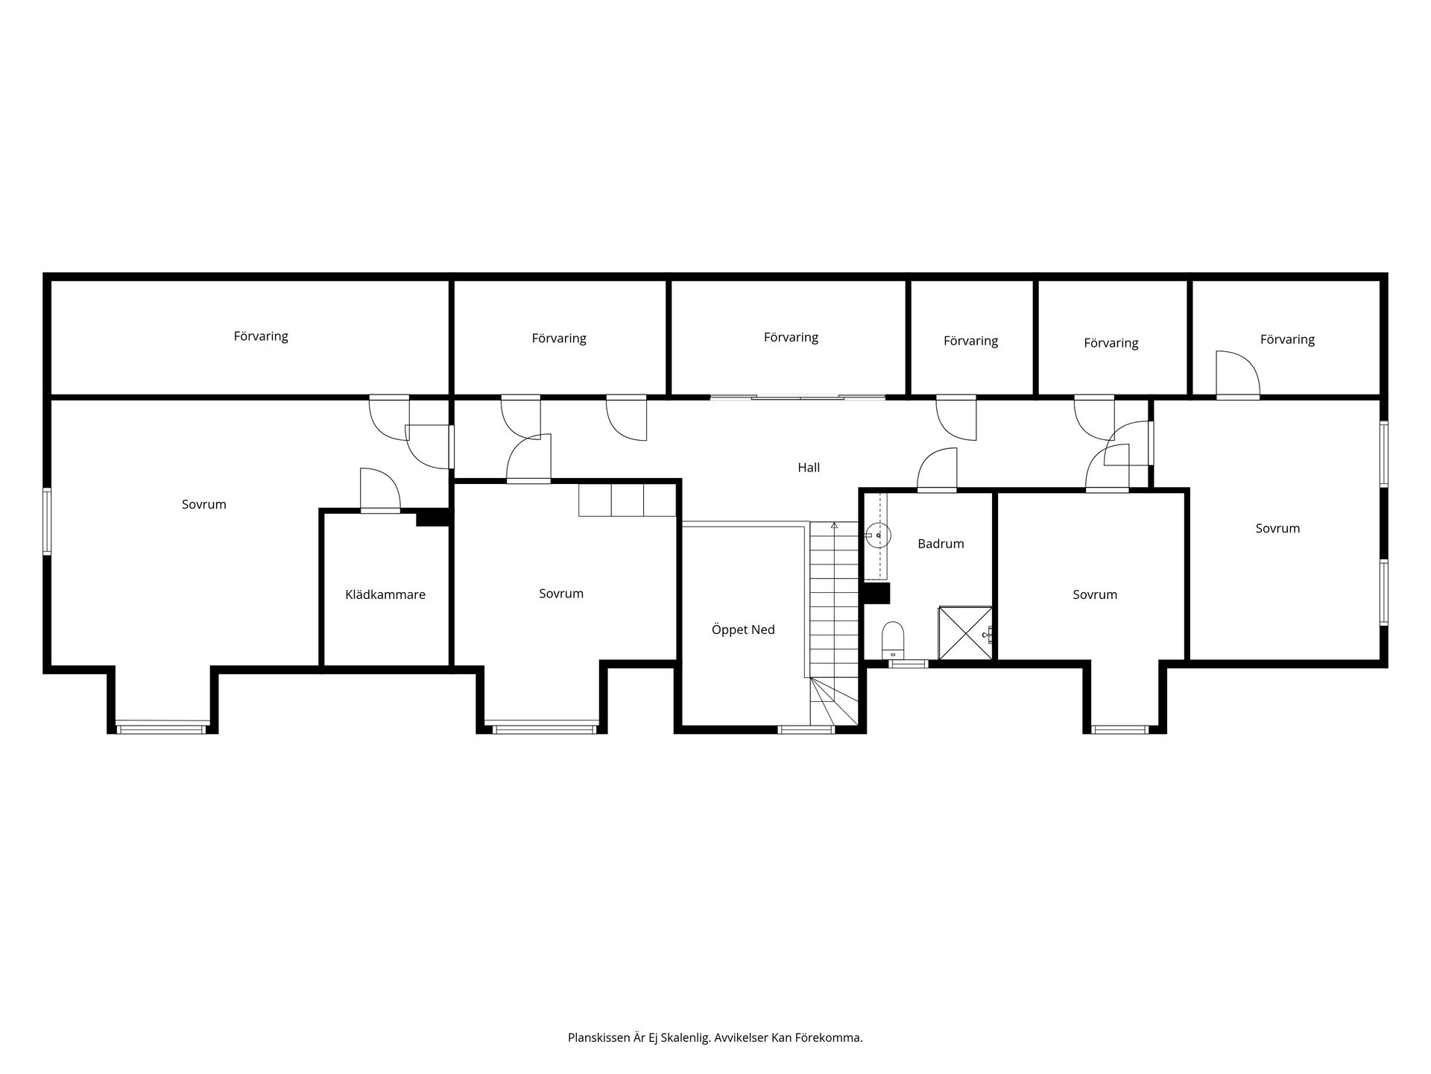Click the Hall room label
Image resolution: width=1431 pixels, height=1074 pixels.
(809, 468)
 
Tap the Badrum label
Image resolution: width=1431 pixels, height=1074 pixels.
(941, 544)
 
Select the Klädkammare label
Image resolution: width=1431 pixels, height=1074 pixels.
(385, 594)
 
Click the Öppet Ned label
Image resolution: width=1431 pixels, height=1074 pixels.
(743, 629)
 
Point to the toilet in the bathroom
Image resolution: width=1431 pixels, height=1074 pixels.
(893, 639)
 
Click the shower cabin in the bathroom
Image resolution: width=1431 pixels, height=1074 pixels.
(965, 633)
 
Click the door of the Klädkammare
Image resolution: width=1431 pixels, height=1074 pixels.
(380, 490)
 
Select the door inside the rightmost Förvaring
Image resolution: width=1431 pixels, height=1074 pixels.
(1237, 373)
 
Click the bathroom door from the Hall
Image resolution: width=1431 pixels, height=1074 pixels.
(936, 470)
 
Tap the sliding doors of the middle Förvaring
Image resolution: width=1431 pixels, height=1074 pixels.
(797, 398)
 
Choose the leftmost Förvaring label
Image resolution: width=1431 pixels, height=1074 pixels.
(261, 336)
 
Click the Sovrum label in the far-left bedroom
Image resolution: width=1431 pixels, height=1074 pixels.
(203, 504)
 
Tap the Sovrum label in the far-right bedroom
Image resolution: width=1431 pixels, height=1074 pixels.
(1277, 528)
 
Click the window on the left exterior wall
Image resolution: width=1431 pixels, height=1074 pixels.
(47, 521)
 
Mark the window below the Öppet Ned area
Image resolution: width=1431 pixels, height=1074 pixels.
(806, 729)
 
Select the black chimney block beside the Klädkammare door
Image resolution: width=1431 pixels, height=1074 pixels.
(434, 517)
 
